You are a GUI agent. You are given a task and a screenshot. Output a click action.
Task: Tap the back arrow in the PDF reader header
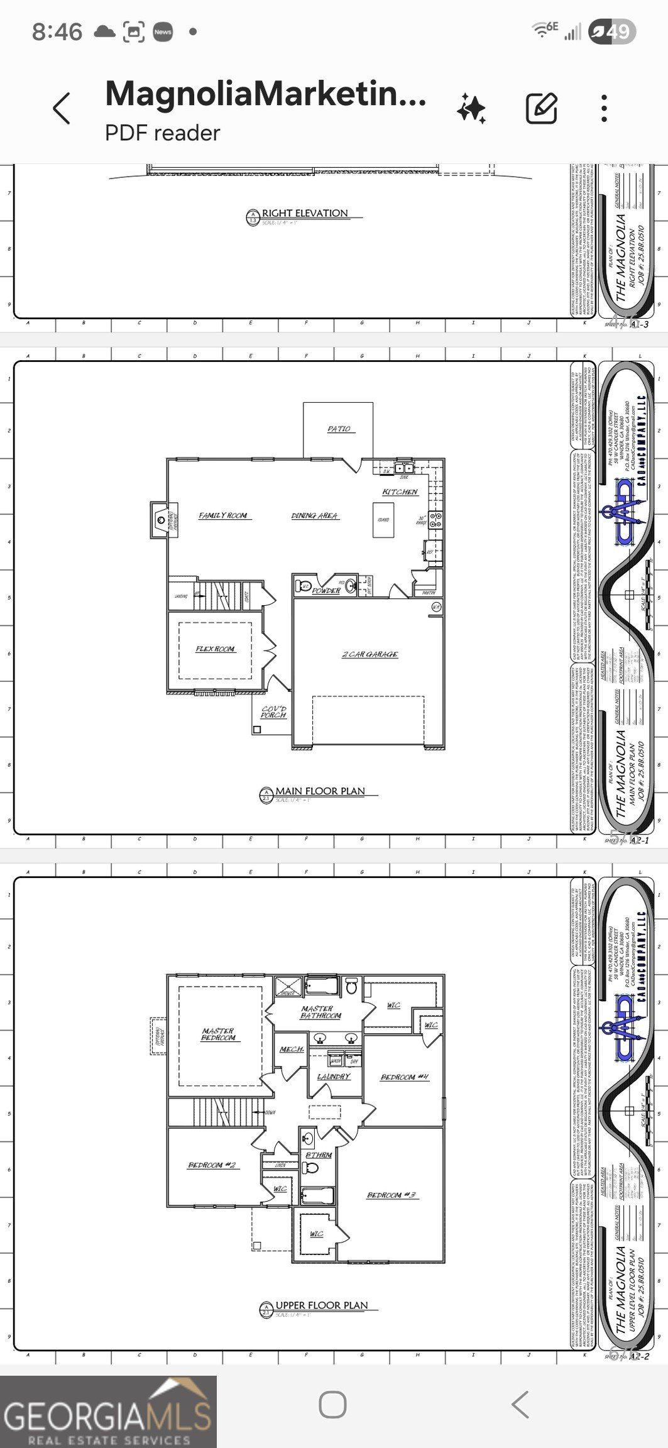click(x=62, y=109)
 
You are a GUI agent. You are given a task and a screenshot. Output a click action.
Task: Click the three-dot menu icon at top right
click(x=604, y=109)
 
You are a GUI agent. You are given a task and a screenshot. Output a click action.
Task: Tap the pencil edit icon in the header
click(x=541, y=109)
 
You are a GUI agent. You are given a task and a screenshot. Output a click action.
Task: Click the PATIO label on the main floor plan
click(x=339, y=429)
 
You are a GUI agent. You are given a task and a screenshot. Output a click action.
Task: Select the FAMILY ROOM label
click(x=223, y=515)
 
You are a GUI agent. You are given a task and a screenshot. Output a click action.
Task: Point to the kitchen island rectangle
click(x=383, y=520)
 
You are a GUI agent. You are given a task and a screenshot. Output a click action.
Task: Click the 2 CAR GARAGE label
click(x=370, y=654)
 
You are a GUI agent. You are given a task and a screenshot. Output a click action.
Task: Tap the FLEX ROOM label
click(x=215, y=649)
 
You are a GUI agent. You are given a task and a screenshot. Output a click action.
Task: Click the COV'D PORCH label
click(x=273, y=711)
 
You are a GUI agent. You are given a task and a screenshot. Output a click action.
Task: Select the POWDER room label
click(x=326, y=591)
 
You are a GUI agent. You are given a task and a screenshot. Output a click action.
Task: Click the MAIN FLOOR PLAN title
click(x=320, y=791)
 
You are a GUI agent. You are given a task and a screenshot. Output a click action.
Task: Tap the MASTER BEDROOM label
click(x=218, y=1034)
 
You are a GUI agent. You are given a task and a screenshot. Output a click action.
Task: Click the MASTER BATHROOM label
click(x=320, y=1012)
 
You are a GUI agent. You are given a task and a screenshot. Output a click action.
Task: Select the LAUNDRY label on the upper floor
click(x=333, y=1077)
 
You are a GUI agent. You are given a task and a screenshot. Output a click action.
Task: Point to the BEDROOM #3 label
click(x=392, y=1195)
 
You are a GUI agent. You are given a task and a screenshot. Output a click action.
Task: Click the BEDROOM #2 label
click(x=212, y=1165)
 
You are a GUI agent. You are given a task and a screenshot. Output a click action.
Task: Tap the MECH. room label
click(x=292, y=1050)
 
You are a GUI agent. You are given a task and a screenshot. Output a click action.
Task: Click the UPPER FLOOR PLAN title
click(x=321, y=1305)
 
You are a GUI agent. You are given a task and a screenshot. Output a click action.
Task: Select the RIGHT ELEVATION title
click(x=305, y=213)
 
